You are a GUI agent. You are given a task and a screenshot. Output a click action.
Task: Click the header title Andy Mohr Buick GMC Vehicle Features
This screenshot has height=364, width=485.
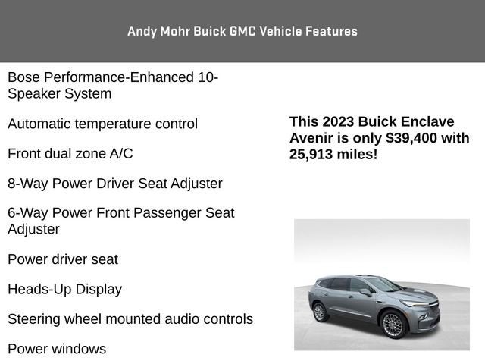tap(242, 31)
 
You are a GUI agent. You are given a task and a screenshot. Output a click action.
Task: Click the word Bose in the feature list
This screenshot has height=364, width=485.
tap(23, 77)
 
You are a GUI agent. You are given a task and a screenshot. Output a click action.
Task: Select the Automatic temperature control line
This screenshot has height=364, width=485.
tap(102, 124)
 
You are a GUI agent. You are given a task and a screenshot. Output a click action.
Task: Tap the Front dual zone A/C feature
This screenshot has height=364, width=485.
tap(70, 154)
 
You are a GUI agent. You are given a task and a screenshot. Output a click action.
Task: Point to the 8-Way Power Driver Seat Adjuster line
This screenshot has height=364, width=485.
tap(114, 184)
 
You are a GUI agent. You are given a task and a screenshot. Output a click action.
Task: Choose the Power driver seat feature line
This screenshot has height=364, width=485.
tap(63, 259)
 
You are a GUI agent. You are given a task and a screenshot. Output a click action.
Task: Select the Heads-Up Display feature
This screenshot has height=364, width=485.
tap(64, 289)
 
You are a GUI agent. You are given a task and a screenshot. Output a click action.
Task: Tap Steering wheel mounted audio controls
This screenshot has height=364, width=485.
tap(130, 319)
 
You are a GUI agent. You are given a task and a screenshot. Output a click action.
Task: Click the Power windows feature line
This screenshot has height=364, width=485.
tap(57, 349)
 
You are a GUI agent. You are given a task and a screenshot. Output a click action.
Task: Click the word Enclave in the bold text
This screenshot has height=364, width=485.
tap(427, 121)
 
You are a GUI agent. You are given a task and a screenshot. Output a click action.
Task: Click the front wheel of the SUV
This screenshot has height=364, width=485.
tap(394, 325)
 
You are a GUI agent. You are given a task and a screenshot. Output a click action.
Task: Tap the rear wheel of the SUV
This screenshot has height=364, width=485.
tap(320, 312)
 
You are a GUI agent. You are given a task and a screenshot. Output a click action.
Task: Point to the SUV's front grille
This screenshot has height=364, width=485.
tap(429, 312)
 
